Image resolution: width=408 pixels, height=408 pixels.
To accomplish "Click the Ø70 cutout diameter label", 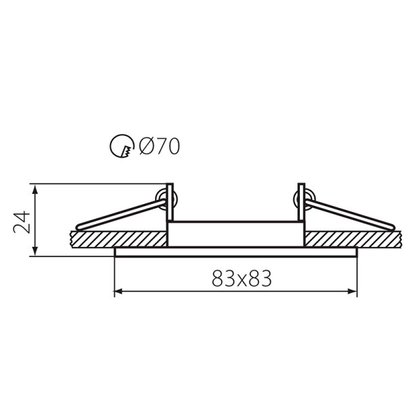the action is pos(159,146).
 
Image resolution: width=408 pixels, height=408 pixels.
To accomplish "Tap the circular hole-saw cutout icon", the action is pos(122,146).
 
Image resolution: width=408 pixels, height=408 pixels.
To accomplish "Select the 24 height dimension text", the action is pos(22,222).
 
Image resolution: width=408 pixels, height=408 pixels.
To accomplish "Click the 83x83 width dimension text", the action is pos(241,278).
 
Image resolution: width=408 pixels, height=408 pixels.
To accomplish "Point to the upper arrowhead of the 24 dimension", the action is pos(35,189).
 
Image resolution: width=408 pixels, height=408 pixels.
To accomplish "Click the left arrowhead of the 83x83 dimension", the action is pos(118,292).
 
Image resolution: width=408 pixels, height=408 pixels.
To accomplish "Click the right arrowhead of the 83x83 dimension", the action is pos(353,292).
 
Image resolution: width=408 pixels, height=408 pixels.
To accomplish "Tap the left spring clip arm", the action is pos(120,215).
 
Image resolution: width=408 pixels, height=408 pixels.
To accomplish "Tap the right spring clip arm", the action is pos(350,215).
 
